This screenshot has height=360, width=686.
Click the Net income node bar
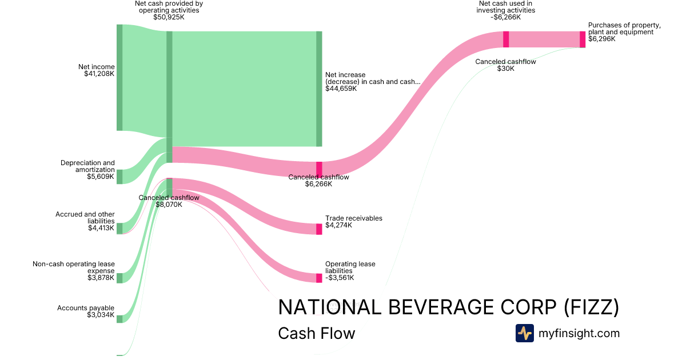point(119,77)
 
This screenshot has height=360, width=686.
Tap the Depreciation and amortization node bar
point(119,176)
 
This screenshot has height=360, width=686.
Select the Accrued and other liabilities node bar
point(119,228)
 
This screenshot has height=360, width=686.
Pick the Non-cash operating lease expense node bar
point(119,278)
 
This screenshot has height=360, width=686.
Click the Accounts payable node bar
point(119,319)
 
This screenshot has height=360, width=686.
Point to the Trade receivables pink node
point(319,229)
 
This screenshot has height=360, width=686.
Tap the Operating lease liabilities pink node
point(319,278)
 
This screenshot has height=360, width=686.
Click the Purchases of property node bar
point(583,39)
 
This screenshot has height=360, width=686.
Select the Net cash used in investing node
point(506,39)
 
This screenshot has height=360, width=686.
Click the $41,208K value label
point(99,74)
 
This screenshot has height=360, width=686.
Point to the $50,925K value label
point(169,17)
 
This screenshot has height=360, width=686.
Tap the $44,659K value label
point(341,89)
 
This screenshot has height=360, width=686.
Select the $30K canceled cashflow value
point(505,69)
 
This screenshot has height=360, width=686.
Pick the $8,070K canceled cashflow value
point(169,204)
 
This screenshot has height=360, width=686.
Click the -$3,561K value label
point(340,278)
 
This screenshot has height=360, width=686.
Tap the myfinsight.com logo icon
point(524,333)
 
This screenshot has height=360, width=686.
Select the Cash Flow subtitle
point(316,333)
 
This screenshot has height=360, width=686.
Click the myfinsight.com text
point(579,333)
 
